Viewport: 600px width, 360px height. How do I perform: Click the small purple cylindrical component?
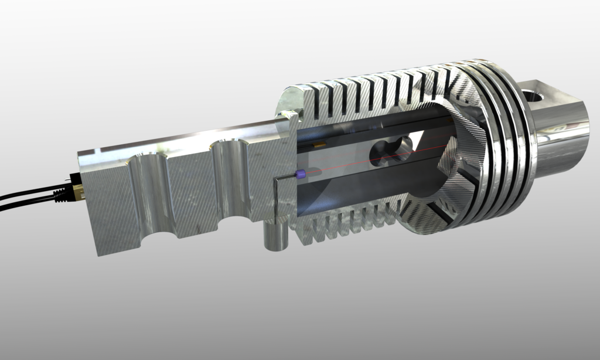[x=302, y=174]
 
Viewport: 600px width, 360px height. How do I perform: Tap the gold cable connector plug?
[x=77, y=191]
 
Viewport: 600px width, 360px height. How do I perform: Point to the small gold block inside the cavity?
[x=320, y=143]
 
